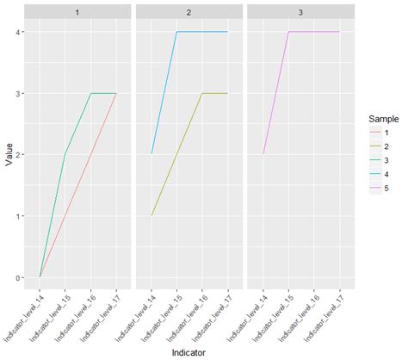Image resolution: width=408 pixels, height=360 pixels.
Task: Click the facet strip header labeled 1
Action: tap(78, 9)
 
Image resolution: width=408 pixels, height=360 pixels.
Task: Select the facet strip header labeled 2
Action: tap(189, 9)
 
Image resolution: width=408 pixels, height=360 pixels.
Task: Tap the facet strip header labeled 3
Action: tap(300, 9)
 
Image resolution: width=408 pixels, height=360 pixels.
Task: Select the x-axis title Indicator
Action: tap(189, 352)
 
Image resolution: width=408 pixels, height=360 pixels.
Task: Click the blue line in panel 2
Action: tap(202, 32)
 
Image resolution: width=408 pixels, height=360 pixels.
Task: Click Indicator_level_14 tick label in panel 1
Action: tap(28, 308)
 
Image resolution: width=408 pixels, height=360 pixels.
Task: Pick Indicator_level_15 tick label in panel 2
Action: tap(165, 308)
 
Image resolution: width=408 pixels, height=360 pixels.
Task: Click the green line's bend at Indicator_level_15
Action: tap(65, 155)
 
